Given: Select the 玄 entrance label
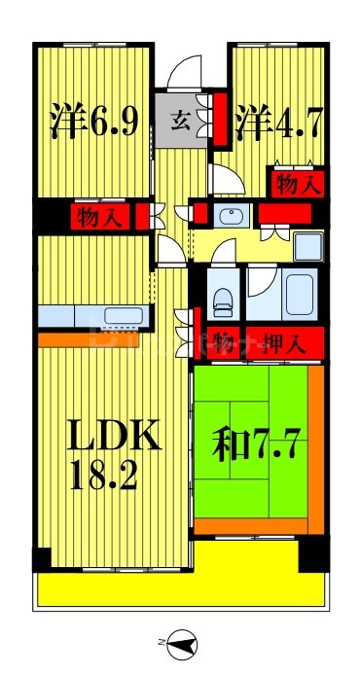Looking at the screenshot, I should pos(180,122).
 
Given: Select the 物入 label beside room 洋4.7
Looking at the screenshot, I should pos(297,181).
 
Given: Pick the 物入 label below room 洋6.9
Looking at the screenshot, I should pos(99,216).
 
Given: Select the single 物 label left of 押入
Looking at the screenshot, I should pos(223,341).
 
